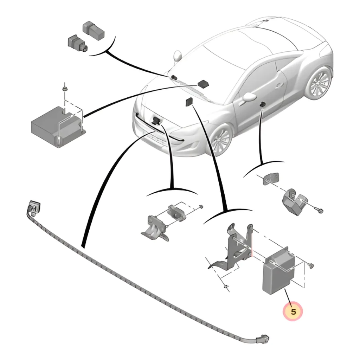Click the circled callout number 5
293,311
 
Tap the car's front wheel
222,140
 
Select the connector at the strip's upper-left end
34,207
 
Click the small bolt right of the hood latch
200,207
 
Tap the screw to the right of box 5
311,265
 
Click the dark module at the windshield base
204,84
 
